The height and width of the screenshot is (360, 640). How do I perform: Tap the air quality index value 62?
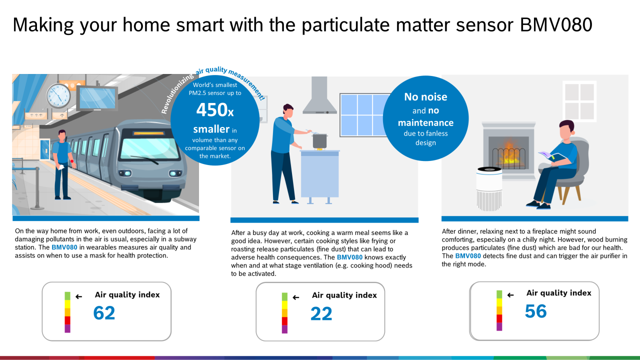(104, 313)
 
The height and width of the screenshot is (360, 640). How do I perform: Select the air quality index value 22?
(321, 313)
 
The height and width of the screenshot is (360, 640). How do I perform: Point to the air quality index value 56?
(535, 311)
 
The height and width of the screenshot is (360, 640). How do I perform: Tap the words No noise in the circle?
(425, 97)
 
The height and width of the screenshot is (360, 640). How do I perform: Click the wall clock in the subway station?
(58, 95)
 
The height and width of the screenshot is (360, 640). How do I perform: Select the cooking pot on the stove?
(320, 140)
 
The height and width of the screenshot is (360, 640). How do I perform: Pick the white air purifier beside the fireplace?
(489, 187)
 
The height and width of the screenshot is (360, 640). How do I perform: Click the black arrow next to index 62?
(78, 296)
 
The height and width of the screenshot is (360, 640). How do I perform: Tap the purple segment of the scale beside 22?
(284, 329)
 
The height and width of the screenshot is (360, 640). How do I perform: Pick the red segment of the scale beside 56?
(499, 318)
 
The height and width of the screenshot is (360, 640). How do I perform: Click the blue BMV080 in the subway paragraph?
(64, 247)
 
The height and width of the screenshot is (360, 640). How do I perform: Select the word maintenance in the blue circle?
(425, 122)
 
